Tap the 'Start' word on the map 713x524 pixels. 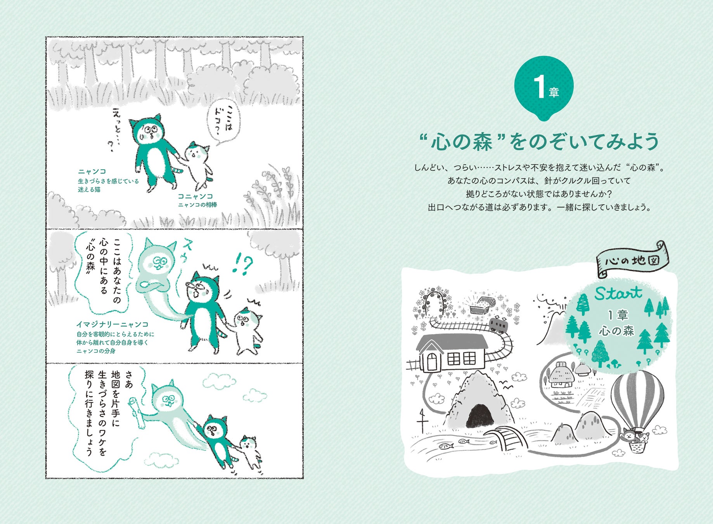coord(618,293)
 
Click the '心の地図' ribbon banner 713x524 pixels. coord(632,260)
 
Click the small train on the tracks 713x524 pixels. coord(498,324)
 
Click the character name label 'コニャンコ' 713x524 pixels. coord(195,196)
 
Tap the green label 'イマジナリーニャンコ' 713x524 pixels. coord(112,324)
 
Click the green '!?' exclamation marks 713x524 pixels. coord(242,265)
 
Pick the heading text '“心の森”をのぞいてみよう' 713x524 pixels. coord(539,141)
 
